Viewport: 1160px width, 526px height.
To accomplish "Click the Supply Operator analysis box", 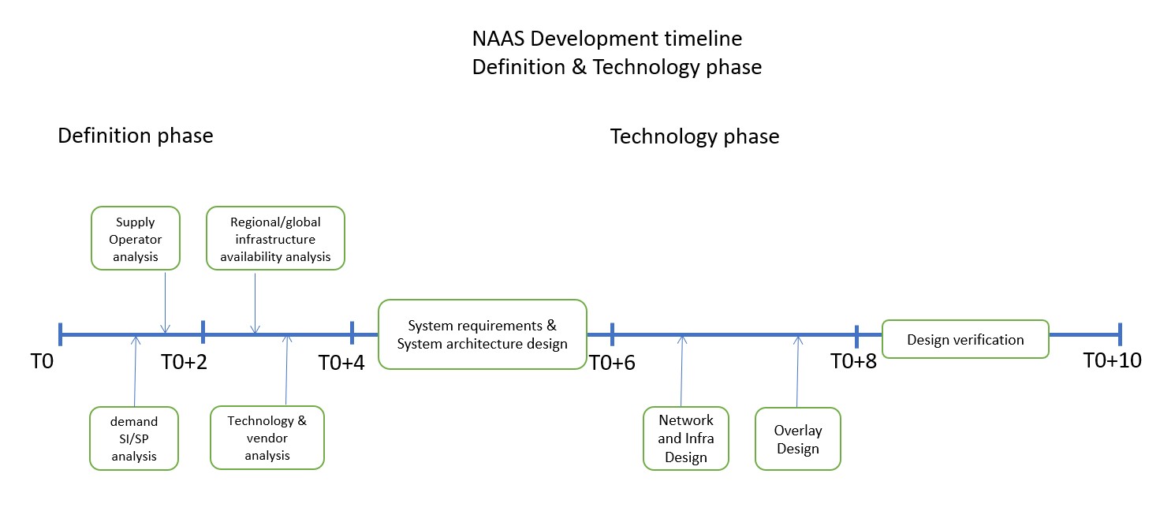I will coord(136,239).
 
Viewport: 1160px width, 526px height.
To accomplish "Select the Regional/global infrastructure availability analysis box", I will coord(275,239).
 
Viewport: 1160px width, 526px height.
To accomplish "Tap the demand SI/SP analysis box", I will coord(134,438).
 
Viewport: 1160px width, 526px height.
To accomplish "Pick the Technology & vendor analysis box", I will coord(267,437).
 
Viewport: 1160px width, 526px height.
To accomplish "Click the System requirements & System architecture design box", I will coord(483,334).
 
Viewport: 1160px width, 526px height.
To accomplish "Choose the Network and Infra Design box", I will coord(686,438).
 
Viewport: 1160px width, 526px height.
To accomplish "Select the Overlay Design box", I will coord(798,439).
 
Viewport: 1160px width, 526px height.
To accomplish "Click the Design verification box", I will coord(965,339).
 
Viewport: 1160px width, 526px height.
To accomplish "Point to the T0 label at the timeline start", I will coord(42,362).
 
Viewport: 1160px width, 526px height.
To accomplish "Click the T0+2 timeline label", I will coord(184,362).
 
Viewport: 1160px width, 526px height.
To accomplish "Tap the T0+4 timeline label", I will coord(341,363).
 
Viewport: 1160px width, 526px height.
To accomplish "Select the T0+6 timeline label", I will coord(613,363).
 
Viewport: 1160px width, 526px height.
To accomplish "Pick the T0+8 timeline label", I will coord(853,361).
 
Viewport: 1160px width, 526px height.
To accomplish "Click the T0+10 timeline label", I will coord(1112,360).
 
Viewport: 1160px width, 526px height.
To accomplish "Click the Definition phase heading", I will coord(136,136).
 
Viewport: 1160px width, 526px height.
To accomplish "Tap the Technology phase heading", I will coord(695,136).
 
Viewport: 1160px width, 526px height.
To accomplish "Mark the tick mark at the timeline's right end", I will coord(1119,334).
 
